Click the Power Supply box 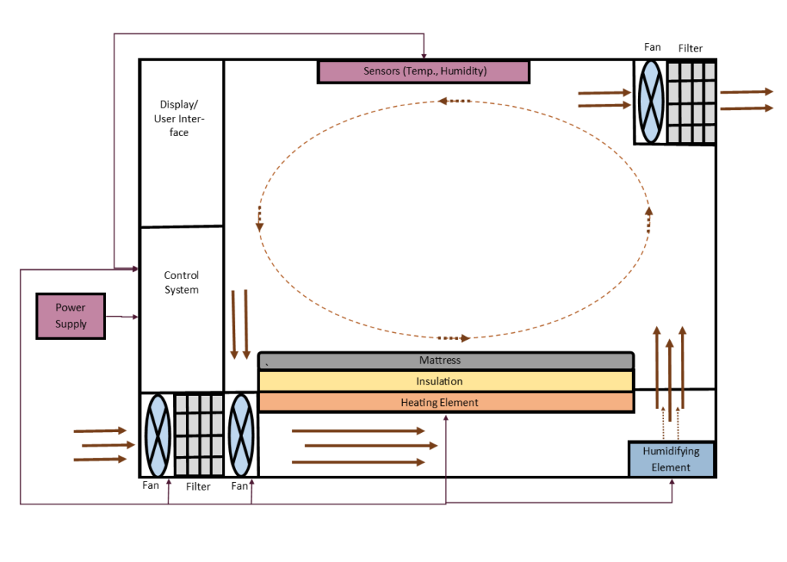point(71,316)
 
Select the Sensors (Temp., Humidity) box point(424,71)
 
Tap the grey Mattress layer point(446,361)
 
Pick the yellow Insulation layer point(446,381)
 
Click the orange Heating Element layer point(446,402)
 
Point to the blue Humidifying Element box point(671,459)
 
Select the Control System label point(181,282)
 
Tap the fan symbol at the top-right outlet point(650,101)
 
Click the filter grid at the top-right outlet point(690,102)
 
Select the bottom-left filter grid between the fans point(198,434)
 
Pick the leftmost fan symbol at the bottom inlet point(157,434)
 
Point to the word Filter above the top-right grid point(690,48)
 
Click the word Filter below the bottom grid point(198,487)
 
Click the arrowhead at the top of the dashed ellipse point(443,101)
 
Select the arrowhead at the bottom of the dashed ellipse point(465,338)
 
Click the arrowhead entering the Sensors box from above point(423,56)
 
